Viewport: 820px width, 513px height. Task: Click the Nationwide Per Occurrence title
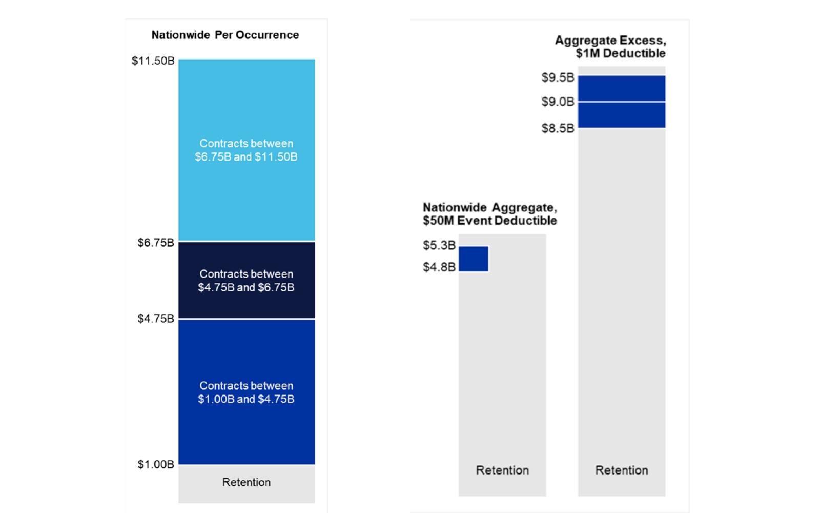pos(225,35)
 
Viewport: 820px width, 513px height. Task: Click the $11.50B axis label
pos(153,61)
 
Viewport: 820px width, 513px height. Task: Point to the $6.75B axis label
pos(156,243)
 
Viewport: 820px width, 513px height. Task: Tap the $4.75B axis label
pos(156,319)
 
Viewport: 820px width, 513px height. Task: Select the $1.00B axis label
pos(156,464)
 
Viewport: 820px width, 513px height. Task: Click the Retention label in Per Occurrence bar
pos(247,482)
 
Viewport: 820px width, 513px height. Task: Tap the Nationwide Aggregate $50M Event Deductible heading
pos(489,214)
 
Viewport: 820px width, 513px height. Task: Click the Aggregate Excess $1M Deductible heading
pos(610,47)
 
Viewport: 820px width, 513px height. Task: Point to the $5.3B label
pos(439,245)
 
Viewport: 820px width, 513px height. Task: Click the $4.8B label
pos(439,267)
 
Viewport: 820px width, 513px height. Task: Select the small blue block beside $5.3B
pos(474,259)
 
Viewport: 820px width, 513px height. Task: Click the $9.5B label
pos(558,77)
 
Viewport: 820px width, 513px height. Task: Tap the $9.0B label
pos(558,102)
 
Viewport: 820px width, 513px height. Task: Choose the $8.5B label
pos(558,128)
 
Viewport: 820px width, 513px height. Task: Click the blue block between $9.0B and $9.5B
pos(622,88)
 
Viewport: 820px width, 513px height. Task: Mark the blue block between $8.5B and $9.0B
pos(622,115)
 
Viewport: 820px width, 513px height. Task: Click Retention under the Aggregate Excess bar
pos(622,470)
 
